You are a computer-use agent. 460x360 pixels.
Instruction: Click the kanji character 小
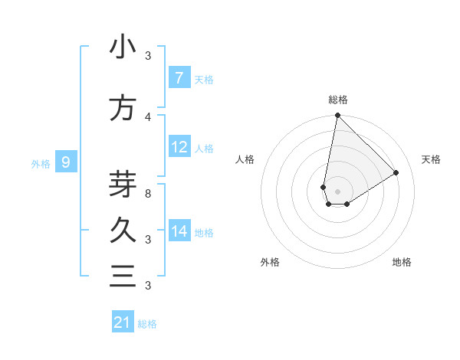[123, 47]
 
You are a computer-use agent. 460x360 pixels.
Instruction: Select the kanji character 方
[123, 108]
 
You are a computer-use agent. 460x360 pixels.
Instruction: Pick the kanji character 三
[123, 276]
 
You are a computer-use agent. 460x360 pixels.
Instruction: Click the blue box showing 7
[179, 77]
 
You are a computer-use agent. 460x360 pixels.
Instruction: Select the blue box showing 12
[179, 147]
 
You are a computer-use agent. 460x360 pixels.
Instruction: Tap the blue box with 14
[179, 231]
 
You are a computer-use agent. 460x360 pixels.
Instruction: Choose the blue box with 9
[66, 162]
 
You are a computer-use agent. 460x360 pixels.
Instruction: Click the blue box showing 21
[123, 322]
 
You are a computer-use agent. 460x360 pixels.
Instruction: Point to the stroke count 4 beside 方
[148, 116]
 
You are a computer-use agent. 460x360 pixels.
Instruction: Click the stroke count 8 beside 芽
[148, 193]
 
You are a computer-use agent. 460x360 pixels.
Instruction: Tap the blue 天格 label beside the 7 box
[204, 79]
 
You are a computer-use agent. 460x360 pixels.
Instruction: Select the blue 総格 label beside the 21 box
[147, 324]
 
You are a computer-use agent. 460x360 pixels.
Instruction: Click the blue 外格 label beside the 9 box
[41, 163]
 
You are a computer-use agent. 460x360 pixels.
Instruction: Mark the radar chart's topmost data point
[337, 116]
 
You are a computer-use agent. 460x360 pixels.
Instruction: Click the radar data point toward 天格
[396, 173]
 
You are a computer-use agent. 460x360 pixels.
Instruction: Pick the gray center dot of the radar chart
[337, 191]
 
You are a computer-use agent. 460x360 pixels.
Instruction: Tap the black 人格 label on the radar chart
[245, 159]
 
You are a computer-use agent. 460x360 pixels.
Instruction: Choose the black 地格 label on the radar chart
[402, 262]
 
